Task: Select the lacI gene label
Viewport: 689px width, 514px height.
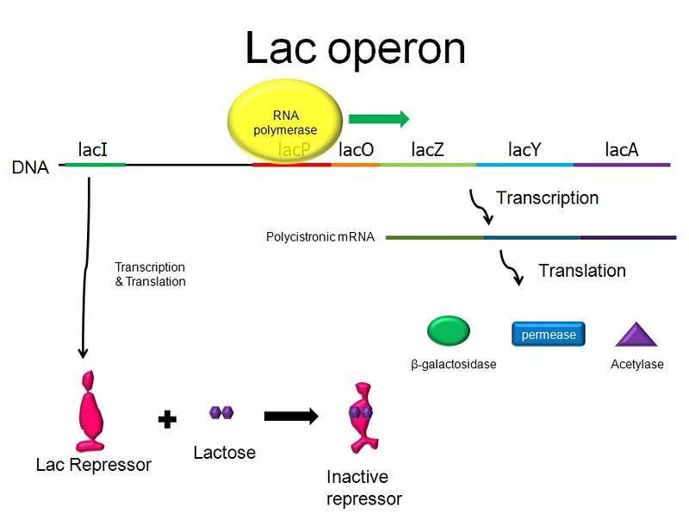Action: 92,149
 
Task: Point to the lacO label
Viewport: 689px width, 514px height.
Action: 356,149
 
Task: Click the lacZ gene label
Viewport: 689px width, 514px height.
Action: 428,149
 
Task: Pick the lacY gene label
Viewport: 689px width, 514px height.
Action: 525,149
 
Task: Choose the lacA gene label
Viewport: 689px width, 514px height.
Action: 621,149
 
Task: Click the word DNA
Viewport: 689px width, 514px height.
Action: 30,167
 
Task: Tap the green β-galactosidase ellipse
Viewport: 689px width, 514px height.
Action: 449,331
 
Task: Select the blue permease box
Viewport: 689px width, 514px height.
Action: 549,335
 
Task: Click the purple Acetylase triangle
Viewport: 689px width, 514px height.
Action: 636,335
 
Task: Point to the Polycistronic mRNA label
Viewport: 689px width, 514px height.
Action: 320,236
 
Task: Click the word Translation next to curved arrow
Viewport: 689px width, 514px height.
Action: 581,271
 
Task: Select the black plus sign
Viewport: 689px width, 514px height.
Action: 167,419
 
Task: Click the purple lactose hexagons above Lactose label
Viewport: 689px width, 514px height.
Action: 221,413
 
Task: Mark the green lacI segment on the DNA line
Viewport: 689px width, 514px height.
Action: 95,164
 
